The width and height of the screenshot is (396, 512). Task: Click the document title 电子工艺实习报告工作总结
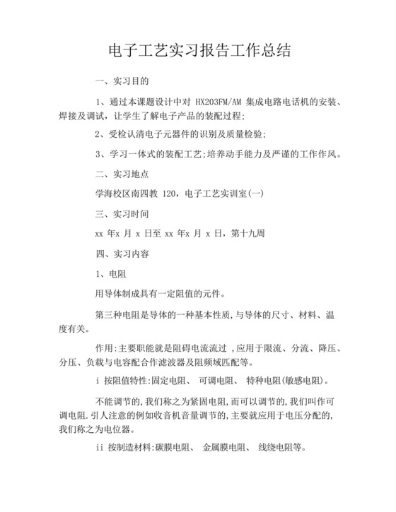tap(198, 51)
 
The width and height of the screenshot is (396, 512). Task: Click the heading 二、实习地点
tap(122, 174)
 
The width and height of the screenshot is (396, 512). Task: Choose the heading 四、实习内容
tap(122, 251)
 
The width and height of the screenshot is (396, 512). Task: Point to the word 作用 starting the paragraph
tap(104, 349)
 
